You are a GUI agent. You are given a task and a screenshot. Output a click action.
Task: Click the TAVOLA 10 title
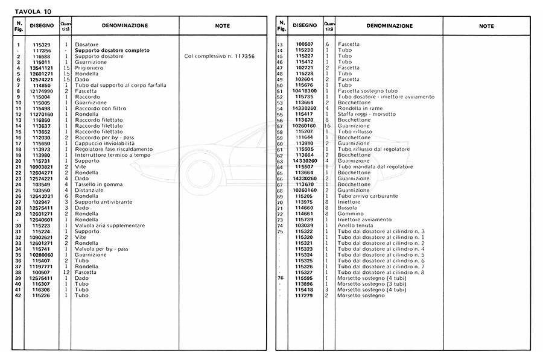click(30, 11)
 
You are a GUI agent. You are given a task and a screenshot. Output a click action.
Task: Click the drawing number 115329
click(42, 45)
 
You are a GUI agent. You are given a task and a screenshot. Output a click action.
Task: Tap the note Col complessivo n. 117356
click(219, 56)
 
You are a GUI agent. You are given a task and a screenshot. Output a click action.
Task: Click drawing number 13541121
click(42, 68)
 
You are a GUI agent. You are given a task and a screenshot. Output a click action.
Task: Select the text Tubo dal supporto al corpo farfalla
click(115, 85)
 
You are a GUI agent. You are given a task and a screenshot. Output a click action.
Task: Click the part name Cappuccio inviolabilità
click(100, 143)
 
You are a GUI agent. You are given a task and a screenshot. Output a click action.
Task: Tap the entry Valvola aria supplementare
click(109, 226)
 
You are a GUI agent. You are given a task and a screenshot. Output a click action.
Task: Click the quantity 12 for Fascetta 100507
click(66, 273)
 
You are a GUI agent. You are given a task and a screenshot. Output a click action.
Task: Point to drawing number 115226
click(42, 295)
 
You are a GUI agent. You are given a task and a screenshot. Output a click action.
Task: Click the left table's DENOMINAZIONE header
click(124, 27)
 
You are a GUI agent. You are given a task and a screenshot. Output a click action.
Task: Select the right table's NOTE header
click(486, 27)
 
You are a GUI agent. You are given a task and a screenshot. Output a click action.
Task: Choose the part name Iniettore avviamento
click(365, 220)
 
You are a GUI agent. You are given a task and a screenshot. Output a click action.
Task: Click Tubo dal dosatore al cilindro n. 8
click(381, 272)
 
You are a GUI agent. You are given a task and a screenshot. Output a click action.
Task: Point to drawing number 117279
click(305, 295)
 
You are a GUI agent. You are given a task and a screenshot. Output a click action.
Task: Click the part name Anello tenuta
click(355, 226)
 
